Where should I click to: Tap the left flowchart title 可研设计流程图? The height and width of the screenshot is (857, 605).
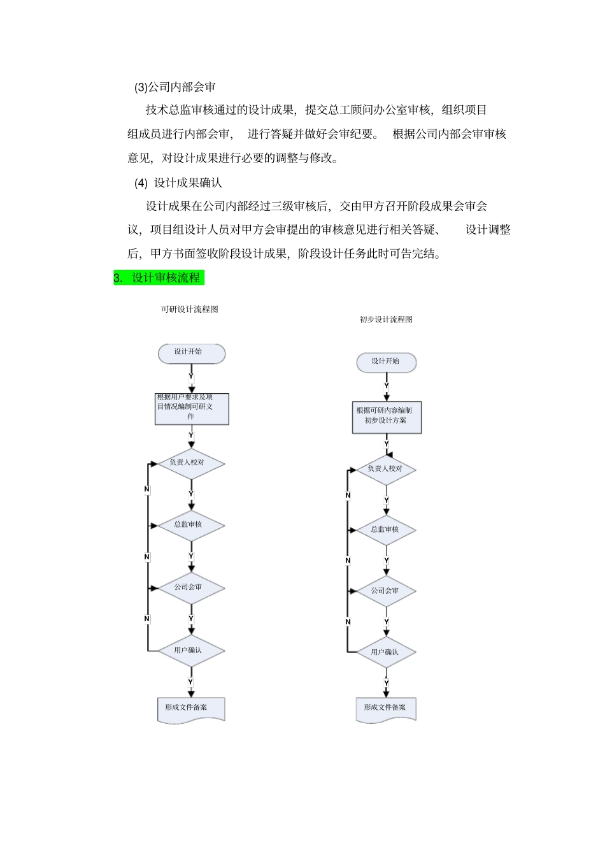(x=189, y=309)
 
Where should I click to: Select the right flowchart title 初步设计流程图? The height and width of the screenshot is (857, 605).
(x=386, y=319)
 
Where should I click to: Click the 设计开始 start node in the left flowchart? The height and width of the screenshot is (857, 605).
(x=191, y=354)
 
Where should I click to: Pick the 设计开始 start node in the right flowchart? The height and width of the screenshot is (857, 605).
(x=386, y=363)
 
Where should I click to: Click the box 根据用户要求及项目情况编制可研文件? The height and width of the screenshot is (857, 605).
(x=192, y=408)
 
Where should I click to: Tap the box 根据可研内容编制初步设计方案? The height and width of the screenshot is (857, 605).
(x=387, y=417)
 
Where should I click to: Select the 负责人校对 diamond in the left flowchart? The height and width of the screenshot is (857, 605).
(x=191, y=463)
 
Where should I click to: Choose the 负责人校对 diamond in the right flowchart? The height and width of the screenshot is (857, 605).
(x=386, y=470)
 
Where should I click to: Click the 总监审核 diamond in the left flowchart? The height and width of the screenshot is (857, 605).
(x=191, y=525)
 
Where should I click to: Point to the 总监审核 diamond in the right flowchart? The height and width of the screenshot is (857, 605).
(x=386, y=529)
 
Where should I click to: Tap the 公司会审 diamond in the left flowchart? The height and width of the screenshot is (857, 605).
(x=191, y=587)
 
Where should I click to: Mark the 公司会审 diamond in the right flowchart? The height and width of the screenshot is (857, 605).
(x=386, y=591)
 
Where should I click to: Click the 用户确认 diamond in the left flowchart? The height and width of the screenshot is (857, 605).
(x=191, y=651)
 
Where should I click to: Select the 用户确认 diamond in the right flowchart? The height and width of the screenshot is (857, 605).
(x=386, y=652)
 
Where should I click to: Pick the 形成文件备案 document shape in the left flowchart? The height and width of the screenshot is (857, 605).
(x=191, y=709)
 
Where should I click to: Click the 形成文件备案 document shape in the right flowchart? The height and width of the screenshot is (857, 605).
(x=386, y=709)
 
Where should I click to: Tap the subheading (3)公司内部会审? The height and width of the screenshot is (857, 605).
(x=175, y=87)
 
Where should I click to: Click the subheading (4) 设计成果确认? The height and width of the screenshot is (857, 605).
(x=178, y=183)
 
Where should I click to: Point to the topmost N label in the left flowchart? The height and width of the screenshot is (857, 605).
(x=147, y=489)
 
